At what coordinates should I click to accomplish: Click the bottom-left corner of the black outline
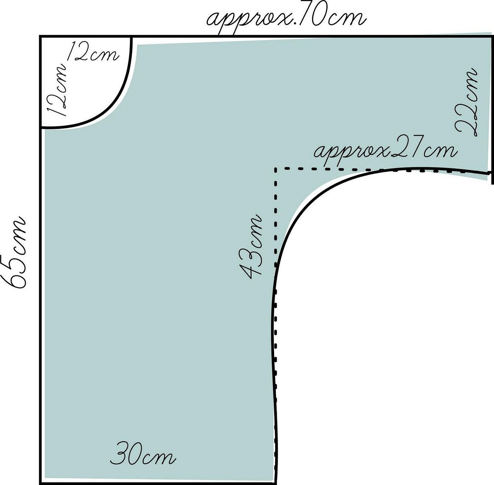point(40,483)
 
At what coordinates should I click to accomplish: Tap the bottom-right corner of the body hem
point(275,483)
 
